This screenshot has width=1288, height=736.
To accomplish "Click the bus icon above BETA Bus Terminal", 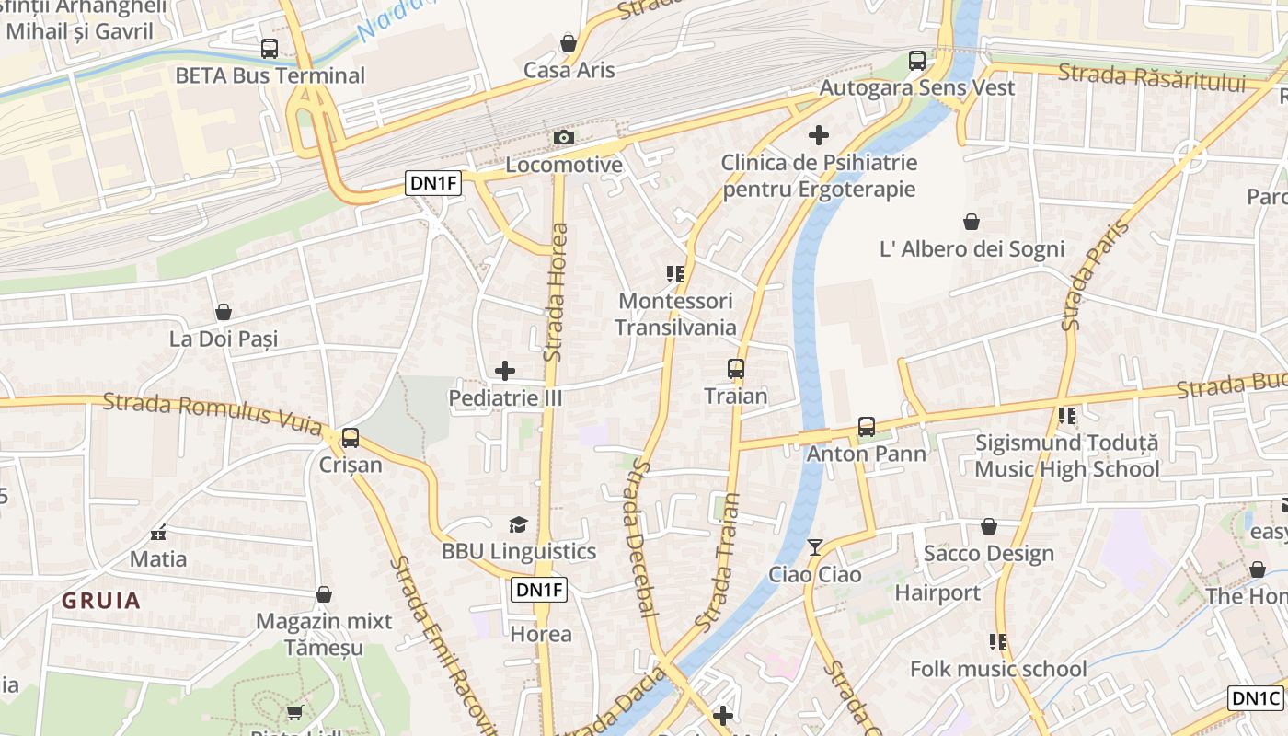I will pyautogui.click(x=269, y=49).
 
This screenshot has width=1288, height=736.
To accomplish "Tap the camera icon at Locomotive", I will pyautogui.click(x=564, y=138).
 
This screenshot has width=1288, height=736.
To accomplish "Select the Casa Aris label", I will pyautogui.click(x=569, y=70).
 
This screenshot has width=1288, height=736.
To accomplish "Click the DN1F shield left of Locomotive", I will pyautogui.click(x=433, y=183).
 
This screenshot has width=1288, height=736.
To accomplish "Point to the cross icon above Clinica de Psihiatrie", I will pyautogui.click(x=818, y=136).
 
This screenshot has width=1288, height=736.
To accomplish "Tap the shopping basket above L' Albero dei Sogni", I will pyautogui.click(x=971, y=222).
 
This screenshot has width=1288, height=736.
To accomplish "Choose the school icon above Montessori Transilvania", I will pyautogui.click(x=675, y=274).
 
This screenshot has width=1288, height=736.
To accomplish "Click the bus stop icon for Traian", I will pyautogui.click(x=735, y=369).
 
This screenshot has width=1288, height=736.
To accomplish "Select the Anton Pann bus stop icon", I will pyautogui.click(x=866, y=427).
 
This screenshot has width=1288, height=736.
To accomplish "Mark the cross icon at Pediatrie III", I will pyautogui.click(x=505, y=371).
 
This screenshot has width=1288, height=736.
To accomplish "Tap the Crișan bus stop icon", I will pyautogui.click(x=351, y=438).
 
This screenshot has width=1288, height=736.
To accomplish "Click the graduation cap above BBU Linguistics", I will pyautogui.click(x=518, y=524).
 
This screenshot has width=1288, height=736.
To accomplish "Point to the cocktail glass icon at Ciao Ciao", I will pyautogui.click(x=814, y=547).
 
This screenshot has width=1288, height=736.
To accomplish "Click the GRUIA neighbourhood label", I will pyautogui.click(x=101, y=601).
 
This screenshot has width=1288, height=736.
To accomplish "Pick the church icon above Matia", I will pyautogui.click(x=158, y=532).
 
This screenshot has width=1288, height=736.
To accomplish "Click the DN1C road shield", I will pyautogui.click(x=1257, y=698).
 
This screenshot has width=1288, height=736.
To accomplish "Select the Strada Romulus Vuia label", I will pyautogui.click(x=212, y=415).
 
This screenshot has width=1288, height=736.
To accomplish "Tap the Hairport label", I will pyautogui.click(x=937, y=592).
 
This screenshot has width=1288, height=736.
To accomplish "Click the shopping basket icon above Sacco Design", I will pyautogui.click(x=988, y=526).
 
